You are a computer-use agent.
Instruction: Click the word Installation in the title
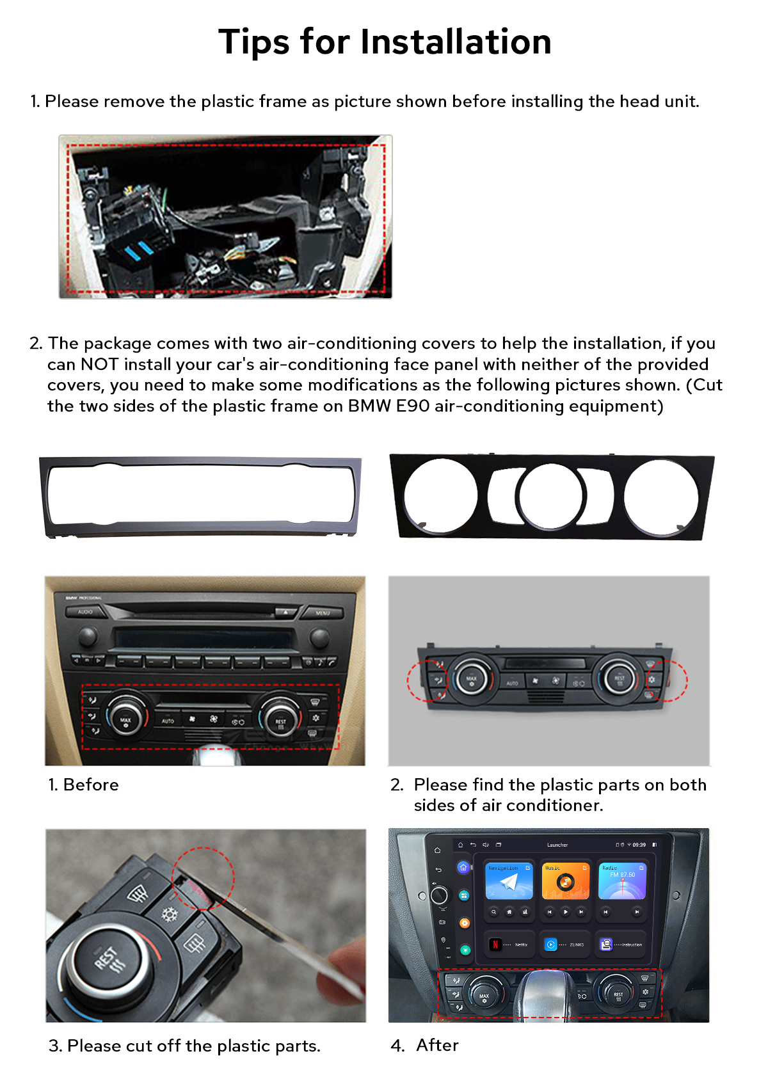click(456, 42)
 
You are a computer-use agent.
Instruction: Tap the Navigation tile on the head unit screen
click(509, 882)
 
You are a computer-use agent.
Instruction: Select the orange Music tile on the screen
click(565, 882)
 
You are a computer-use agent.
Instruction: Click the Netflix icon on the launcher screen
click(495, 944)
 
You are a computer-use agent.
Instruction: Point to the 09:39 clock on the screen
click(639, 845)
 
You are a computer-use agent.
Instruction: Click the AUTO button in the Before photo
click(168, 721)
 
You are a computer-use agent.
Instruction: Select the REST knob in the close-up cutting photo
click(108, 960)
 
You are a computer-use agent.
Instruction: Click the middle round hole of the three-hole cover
click(550, 497)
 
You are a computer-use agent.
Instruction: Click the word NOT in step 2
click(99, 364)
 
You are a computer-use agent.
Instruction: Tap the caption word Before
click(91, 785)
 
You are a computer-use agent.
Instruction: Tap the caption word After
click(437, 1045)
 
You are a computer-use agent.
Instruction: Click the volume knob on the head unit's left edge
click(439, 895)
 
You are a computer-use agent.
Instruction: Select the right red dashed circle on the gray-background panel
click(666, 680)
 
